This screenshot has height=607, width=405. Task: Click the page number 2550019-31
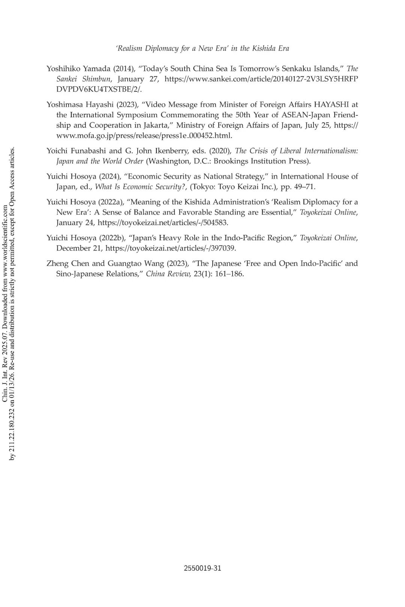(x=202, y=568)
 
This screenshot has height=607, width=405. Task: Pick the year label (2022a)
(x=111, y=202)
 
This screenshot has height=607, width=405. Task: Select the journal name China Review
(x=168, y=274)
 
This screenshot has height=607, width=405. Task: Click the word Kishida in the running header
(x=264, y=48)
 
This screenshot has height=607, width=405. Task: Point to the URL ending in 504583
(x=163, y=223)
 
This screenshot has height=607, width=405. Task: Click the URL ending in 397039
(x=171, y=248)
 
